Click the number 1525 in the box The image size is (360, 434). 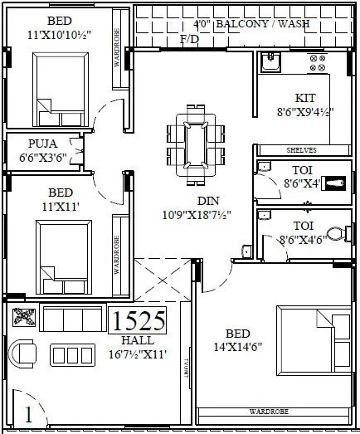(x=139, y=321)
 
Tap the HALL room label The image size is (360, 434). (x=137, y=341)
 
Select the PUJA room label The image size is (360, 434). (x=42, y=142)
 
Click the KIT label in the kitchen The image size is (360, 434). (x=304, y=97)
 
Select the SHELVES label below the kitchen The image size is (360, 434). (x=303, y=150)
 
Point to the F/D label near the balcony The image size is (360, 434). (x=189, y=39)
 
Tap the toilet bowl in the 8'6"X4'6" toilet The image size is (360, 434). (x=335, y=234)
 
